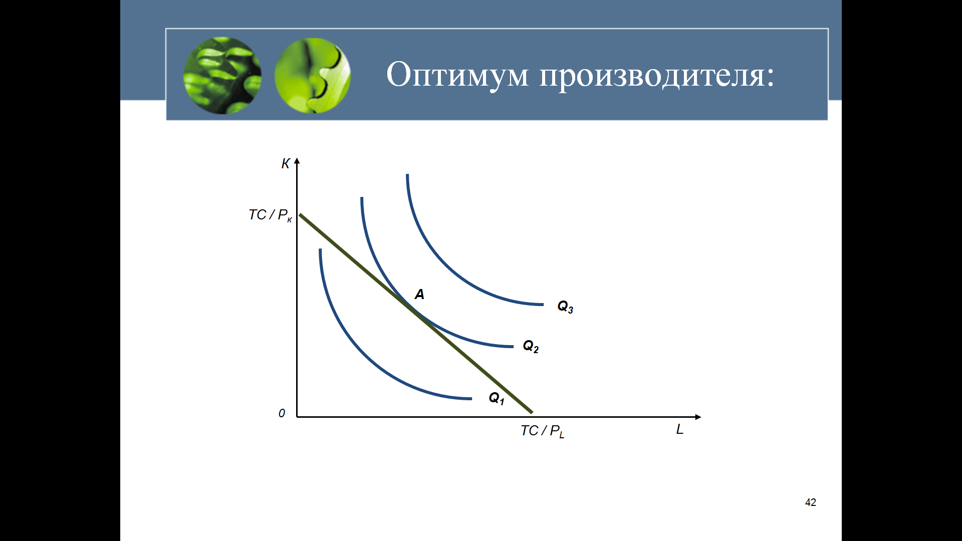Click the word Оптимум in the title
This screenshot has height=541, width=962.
[x=457, y=75]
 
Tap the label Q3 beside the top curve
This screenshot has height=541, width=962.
[x=565, y=307]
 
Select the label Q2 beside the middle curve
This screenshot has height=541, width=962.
[x=531, y=346]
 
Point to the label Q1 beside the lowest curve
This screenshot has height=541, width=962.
[x=497, y=398]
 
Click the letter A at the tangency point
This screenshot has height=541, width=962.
[x=419, y=295]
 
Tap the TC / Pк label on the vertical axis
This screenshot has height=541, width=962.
[x=270, y=215]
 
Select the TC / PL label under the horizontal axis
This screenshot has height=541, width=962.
[x=543, y=431]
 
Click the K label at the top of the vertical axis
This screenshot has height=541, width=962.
[x=286, y=164]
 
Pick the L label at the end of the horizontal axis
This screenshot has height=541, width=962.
[x=680, y=429]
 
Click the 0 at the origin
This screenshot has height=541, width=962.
[x=282, y=413]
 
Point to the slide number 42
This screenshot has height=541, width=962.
[x=811, y=502]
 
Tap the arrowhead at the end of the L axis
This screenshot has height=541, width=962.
[x=698, y=417]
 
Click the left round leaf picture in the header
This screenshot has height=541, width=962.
[x=222, y=75]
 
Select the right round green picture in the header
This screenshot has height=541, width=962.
[x=313, y=75]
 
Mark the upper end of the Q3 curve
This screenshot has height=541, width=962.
[x=407, y=174]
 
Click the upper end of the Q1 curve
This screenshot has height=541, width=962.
[x=320, y=249]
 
